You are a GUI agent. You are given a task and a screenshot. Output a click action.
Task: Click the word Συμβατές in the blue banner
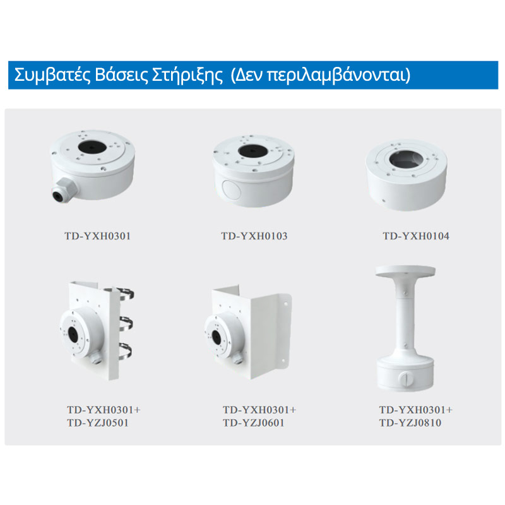52,75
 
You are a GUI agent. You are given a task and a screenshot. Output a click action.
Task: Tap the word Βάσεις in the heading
121,75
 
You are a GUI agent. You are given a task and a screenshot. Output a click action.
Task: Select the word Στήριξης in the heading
187,76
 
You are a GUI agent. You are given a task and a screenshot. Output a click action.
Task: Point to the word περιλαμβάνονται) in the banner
339,76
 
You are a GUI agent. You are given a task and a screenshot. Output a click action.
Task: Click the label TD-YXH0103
254,236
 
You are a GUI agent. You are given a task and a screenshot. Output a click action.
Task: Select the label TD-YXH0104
416,236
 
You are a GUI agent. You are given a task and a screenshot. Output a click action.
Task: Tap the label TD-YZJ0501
98,422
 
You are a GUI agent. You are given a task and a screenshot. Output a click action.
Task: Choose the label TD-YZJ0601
254,422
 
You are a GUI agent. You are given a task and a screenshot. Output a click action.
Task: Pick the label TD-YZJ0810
410,422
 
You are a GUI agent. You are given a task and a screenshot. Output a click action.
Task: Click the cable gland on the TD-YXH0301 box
64,190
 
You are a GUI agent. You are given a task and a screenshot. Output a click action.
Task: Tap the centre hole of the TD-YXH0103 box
253,151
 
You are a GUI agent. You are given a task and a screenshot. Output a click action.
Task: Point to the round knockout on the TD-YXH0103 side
231,191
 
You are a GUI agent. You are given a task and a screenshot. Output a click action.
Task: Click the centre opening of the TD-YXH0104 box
406,160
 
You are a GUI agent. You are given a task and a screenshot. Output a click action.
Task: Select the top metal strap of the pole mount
126,293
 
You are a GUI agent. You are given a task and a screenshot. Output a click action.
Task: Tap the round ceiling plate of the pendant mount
405,272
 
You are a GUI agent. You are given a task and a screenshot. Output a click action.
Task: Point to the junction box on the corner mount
222,336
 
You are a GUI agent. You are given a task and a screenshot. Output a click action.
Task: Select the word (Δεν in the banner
246,75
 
